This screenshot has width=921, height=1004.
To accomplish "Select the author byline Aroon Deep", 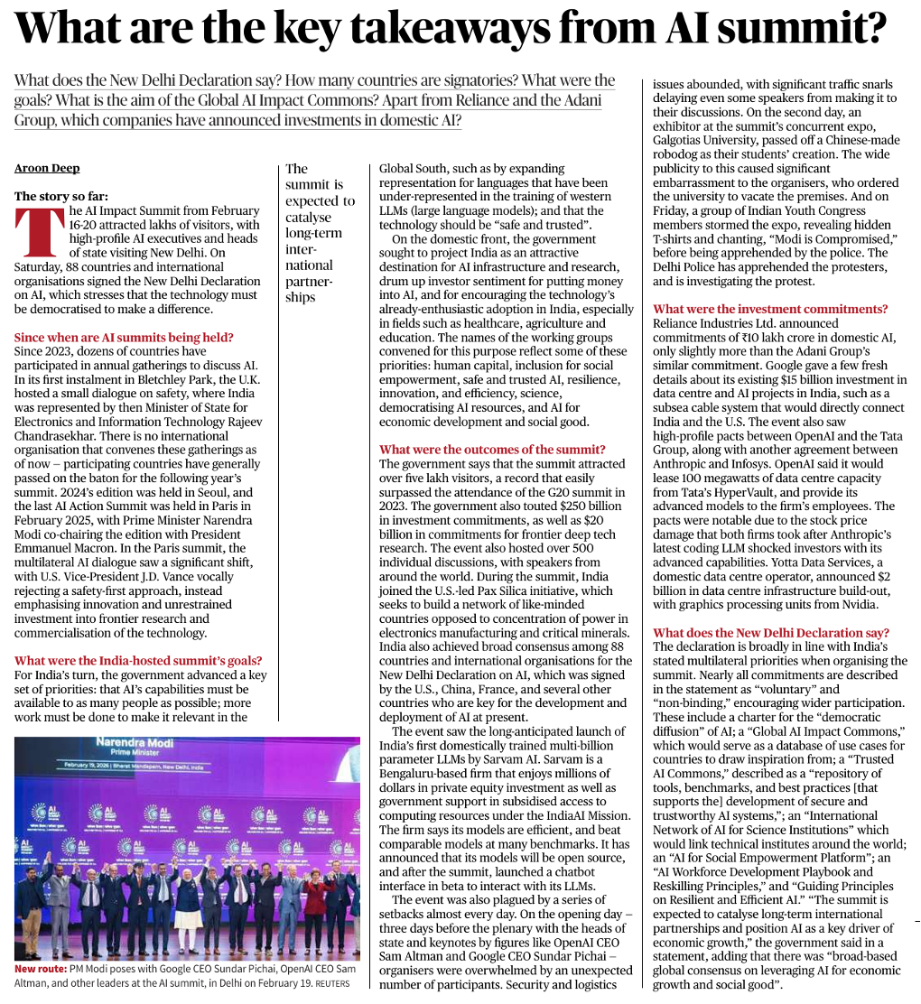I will click(x=47, y=168).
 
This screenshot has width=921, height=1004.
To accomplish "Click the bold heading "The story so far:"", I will click(x=62, y=196).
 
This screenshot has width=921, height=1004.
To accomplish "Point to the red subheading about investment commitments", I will click(x=770, y=309).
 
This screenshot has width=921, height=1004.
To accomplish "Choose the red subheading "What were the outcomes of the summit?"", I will click(x=492, y=450).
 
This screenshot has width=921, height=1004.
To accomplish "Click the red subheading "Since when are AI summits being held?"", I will click(x=125, y=337).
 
